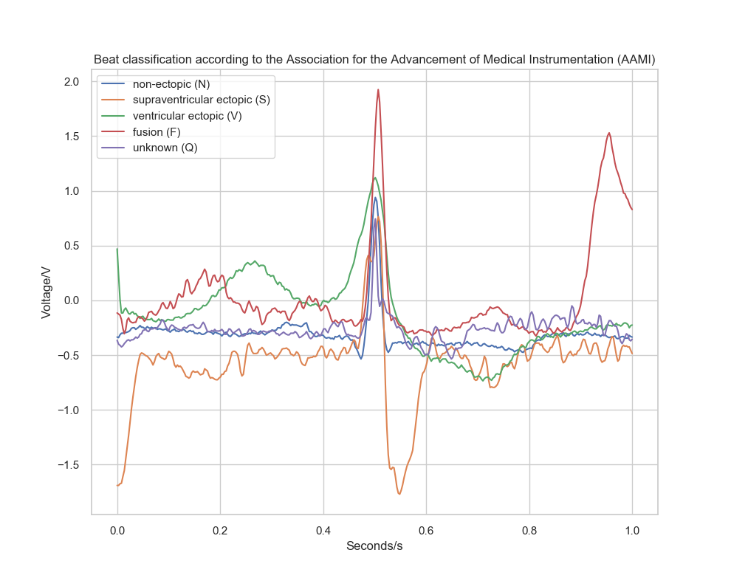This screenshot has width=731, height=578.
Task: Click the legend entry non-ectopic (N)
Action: point(171,84)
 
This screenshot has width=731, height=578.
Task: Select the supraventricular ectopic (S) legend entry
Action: point(200,100)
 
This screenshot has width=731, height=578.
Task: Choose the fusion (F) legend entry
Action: point(156,132)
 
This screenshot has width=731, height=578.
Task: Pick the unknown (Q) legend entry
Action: point(164,148)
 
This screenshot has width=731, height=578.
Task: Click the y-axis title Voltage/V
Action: point(46,292)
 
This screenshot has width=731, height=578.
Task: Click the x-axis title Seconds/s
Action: point(374,547)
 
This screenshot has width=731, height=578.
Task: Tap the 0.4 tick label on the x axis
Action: point(323,530)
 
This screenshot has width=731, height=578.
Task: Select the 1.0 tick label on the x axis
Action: point(632,530)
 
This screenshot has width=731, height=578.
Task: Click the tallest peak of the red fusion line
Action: point(378,90)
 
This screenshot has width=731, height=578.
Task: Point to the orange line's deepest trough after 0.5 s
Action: point(399,494)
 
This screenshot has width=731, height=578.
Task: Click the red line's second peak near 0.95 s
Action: point(609,134)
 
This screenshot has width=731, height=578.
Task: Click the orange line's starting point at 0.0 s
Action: point(117,485)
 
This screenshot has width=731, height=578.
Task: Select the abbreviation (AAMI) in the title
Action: point(633,59)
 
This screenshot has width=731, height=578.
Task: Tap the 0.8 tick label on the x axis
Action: point(529,530)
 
